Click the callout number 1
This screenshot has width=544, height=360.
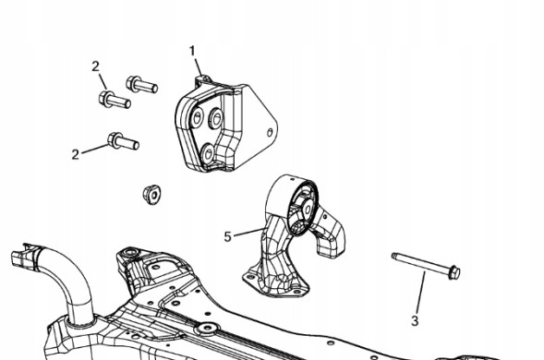click(192, 51)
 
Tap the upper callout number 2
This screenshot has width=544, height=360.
click(96, 66)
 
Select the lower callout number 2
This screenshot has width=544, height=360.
click(76, 154)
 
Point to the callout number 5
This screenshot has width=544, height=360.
click(227, 237)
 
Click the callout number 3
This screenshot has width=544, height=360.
click(415, 321)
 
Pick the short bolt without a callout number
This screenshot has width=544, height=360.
click(141, 84)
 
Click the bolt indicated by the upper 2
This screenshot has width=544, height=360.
click(115, 100)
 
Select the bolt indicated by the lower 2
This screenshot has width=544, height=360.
click(123, 141)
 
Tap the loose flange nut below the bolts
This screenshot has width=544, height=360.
click(152, 195)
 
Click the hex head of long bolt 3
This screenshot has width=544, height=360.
click(453, 272)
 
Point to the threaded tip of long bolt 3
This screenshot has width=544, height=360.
click(395, 257)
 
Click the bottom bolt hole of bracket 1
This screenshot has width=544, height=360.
click(208, 153)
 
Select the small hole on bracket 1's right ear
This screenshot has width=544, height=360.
click(270, 133)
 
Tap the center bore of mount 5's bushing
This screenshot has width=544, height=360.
click(308, 210)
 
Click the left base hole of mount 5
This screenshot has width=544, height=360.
click(248, 276)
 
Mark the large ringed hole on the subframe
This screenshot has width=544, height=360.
click(208, 328)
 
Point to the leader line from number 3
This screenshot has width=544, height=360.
click(420, 293)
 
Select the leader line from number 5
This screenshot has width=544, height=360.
click(248, 232)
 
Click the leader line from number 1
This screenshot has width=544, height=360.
click(198, 67)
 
